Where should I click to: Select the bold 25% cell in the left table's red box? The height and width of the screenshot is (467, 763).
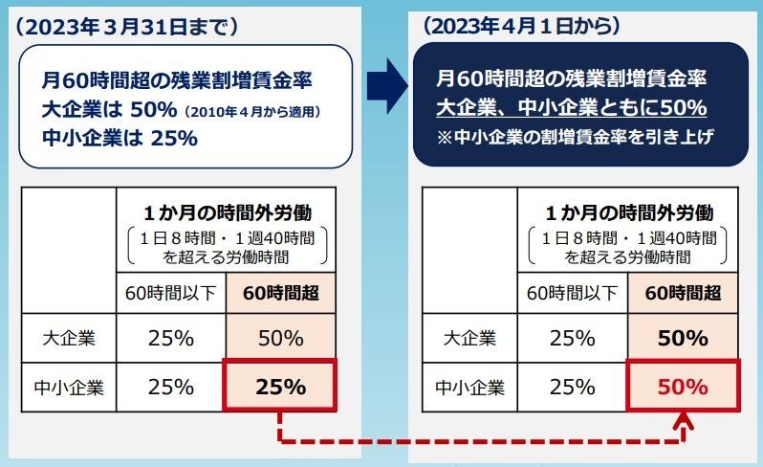pyautogui.click(x=280, y=388)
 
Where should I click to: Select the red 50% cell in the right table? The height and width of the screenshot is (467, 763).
pyautogui.click(x=684, y=388)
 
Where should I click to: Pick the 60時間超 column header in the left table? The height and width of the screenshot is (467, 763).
pyautogui.click(x=280, y=292)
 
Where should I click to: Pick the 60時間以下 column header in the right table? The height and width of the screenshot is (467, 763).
pyautogui.click(x=571, y=292)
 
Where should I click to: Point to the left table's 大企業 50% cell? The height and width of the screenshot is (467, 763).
pyautogui.click(x=280, y=338)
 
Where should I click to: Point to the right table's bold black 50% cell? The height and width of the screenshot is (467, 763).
pyautogui.click(x=684, y=338)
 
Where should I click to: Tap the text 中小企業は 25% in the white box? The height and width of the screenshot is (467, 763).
pyautogui.click(x=120, y=138)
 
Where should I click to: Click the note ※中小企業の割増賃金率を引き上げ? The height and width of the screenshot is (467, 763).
pyautogui.click(x=576, y=137)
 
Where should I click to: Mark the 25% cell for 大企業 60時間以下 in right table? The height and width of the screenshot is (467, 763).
pyautogui.click(x=571, y=338)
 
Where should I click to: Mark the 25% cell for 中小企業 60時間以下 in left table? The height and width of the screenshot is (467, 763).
pyautogui.click(x=169, y=388)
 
